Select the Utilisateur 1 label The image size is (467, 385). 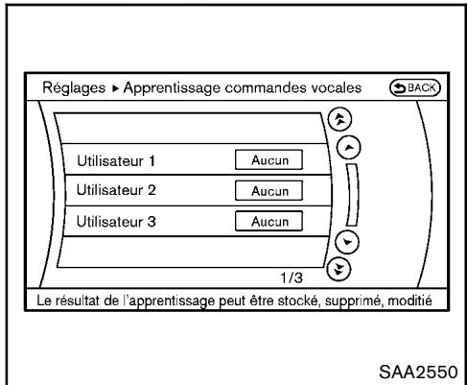coord(108,159)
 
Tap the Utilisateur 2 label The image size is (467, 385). coord(108,191)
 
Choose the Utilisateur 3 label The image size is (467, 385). coord(108,223)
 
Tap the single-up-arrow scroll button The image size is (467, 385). coord(352,145)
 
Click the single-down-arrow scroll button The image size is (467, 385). coord(352,242)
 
